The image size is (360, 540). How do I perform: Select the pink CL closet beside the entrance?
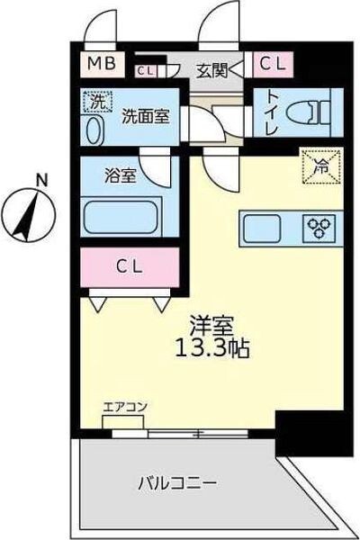tap(274, 64)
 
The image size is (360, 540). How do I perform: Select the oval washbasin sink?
tap(94, 129)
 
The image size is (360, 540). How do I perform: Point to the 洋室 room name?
tap(209, 323)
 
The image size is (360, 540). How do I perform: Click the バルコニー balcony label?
tap(176, 483)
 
